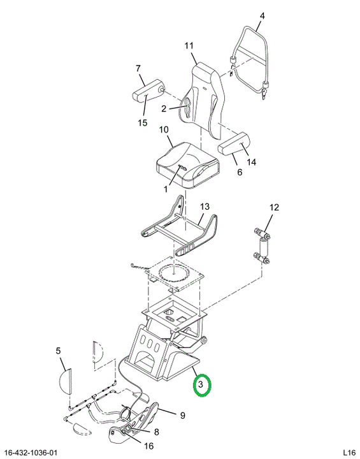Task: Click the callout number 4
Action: point(262,16)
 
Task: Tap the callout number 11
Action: point(189,46)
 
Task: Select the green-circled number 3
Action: point(201,384)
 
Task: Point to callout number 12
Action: point(274,208)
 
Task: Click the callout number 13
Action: point(205,207)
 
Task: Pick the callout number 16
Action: point(149,446)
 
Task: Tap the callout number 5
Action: point(58,351)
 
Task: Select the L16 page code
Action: point(349,452)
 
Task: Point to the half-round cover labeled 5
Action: point(65,381)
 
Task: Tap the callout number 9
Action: point(182,416)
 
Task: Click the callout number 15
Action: point(143,122)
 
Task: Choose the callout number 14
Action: point(252,162)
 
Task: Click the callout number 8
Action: point(157,432)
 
